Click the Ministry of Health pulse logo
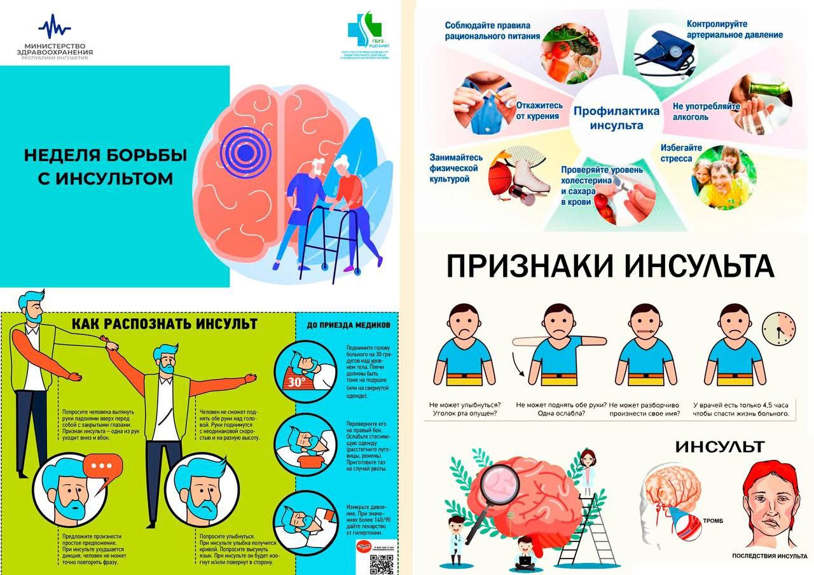55,27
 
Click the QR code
382,563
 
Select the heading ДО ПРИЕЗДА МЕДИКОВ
348,325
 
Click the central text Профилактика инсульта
616,118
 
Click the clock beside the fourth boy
778,328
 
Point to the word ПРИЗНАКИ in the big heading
531,266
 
